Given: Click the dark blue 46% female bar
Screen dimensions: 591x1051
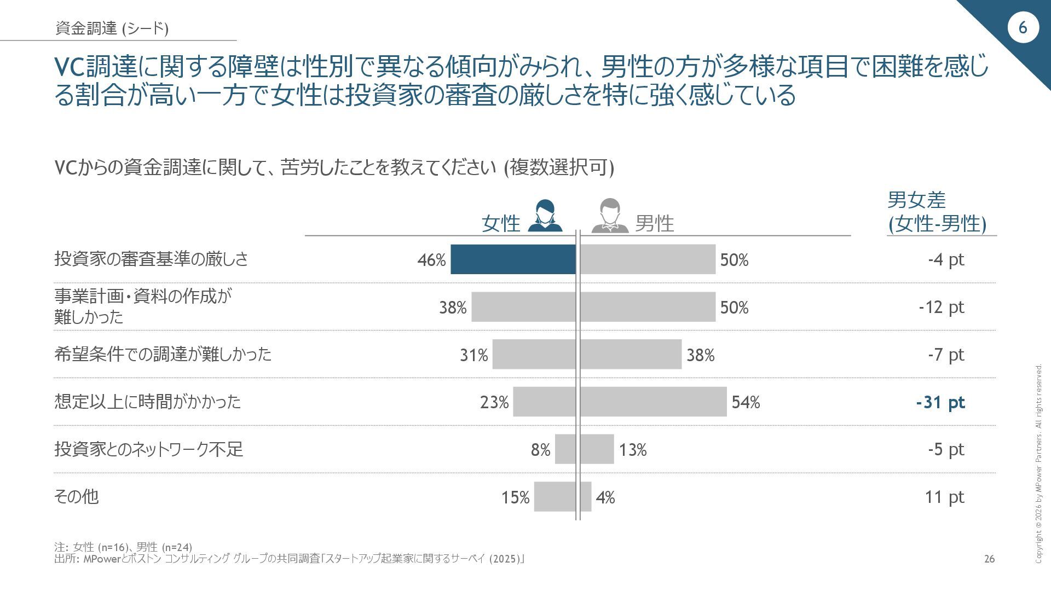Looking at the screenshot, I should pos(513,259).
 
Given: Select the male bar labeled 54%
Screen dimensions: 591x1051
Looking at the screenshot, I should pos(653,402).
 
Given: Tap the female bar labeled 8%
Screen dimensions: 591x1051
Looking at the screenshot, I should pos(565,449).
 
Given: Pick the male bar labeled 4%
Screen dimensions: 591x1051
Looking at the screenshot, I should pos(586,497).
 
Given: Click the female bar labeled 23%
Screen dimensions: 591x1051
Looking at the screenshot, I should pos(544,402).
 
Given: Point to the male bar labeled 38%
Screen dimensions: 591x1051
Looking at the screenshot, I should pos(631,355).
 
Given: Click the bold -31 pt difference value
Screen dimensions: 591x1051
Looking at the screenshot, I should pos(940,402).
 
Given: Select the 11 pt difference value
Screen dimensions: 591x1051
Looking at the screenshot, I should pos(944,497).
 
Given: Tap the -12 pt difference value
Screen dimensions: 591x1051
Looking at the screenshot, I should pos(941,307).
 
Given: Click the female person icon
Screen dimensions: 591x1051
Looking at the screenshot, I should pos(545,216).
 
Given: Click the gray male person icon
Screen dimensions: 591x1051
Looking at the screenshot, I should pos(610,216).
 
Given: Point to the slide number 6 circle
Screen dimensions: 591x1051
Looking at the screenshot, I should pos(1023,27).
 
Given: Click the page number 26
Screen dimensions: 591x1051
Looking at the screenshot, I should pos(989,559).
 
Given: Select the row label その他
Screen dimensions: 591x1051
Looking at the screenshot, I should pos(76,496).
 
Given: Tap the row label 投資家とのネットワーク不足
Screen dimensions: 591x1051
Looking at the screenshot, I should pos(148,449).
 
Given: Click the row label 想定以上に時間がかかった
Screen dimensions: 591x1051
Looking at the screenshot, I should pos(147,402).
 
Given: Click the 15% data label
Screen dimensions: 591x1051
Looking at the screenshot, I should pos(515,497).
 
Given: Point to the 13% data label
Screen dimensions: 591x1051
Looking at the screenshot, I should pos(633,450).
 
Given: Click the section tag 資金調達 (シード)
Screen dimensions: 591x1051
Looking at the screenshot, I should pos(112,28).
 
